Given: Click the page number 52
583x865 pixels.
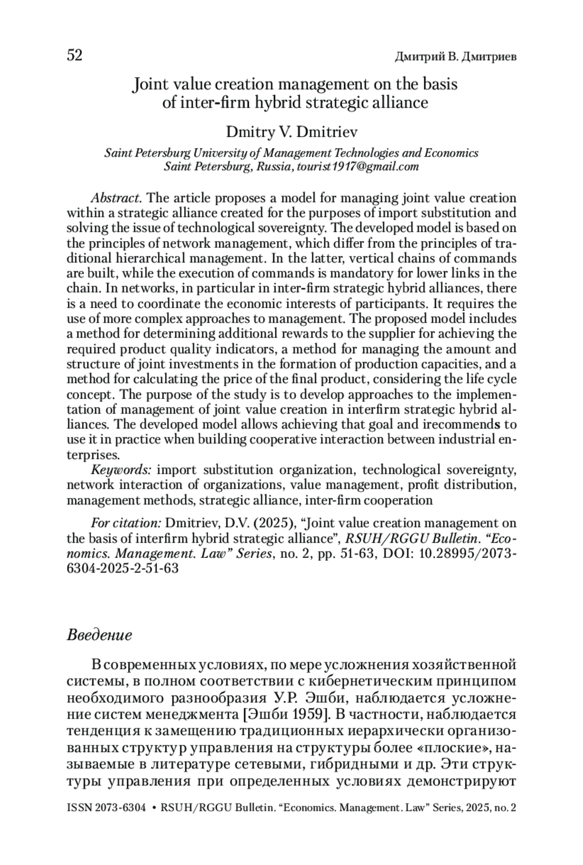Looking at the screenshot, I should [x=74, y=55].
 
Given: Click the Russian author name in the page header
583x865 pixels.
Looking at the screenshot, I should [x=455, y=57].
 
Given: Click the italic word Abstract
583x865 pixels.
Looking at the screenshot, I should [x=116, y=198].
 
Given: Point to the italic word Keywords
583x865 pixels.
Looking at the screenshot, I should [x=121, y=470].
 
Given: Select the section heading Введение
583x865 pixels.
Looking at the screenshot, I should [x=99, y=635].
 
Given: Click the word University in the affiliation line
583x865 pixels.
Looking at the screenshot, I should [x=220, y=153].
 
